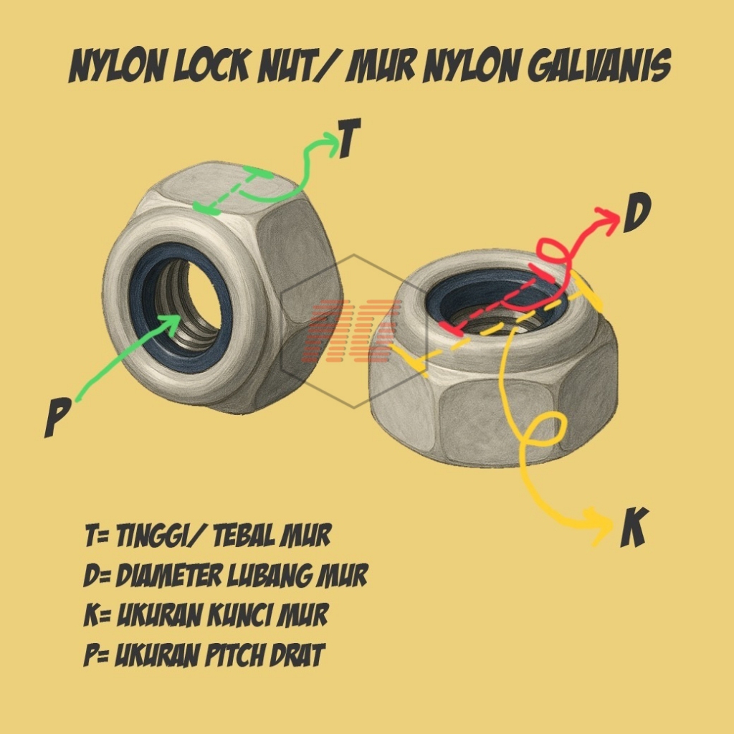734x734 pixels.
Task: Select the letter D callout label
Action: [636, 216]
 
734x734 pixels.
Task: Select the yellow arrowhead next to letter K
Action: [597, 523]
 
